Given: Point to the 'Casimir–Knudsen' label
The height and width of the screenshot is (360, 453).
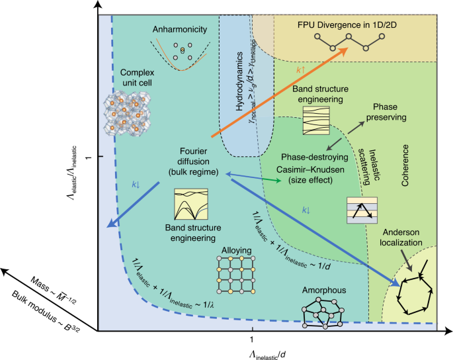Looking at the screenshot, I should click(x=309, y=171).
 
